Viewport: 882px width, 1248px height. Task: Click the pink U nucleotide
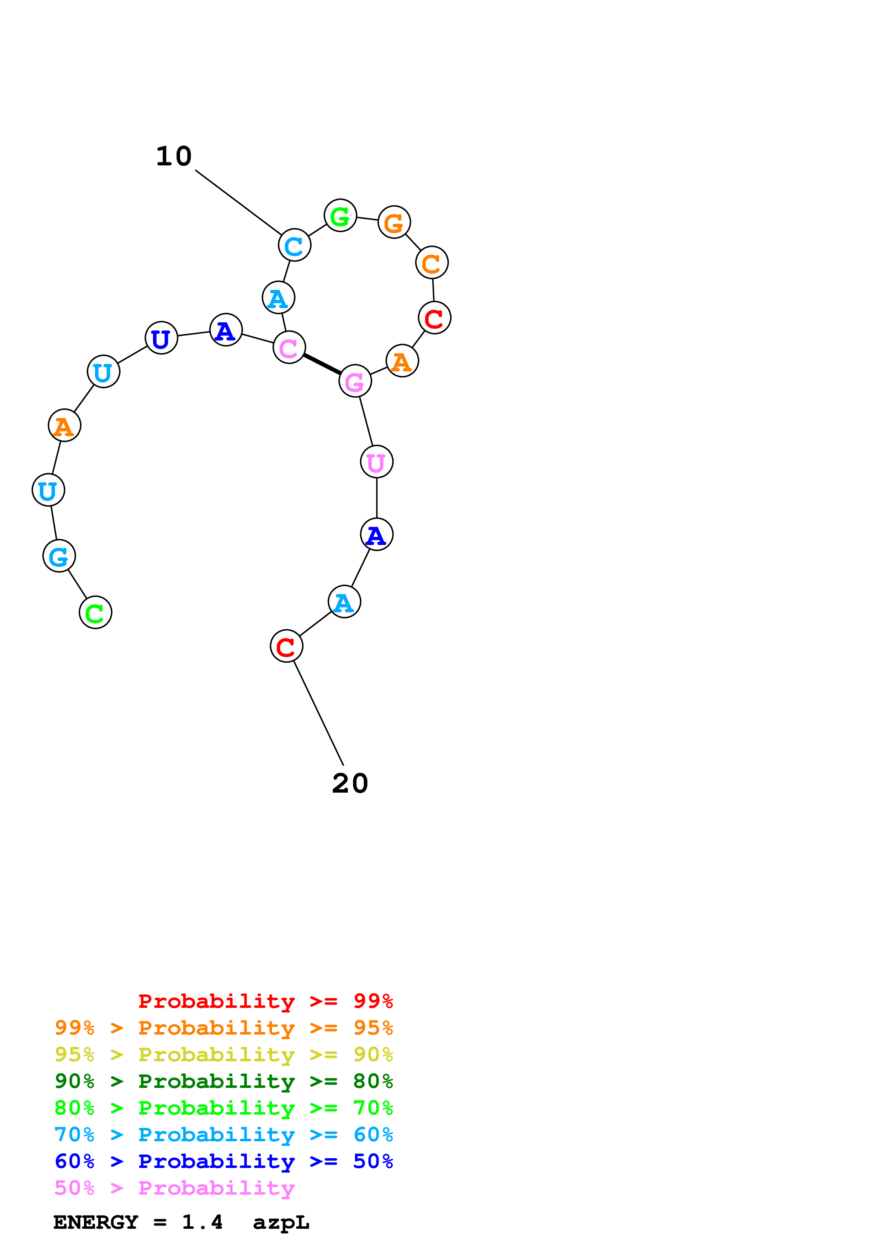377,462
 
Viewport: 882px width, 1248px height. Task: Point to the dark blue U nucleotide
162,338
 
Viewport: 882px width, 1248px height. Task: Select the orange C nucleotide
432,263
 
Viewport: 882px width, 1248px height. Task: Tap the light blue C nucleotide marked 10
295,245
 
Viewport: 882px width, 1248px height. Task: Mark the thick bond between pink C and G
322,364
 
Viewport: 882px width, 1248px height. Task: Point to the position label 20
350,783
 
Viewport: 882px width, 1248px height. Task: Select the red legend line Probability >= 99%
265,1001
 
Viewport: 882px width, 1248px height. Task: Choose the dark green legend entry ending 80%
223,1081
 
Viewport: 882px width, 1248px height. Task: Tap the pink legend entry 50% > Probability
174,1188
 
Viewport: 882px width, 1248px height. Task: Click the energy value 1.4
202,1222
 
